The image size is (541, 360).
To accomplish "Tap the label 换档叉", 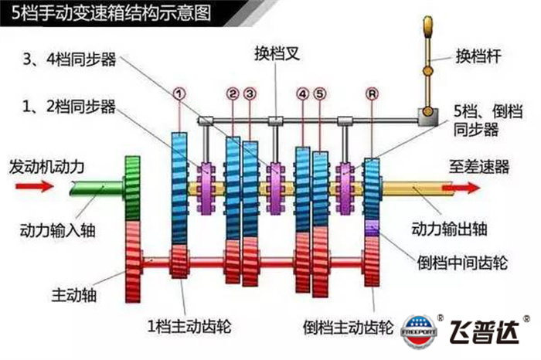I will (x=275, y=56).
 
